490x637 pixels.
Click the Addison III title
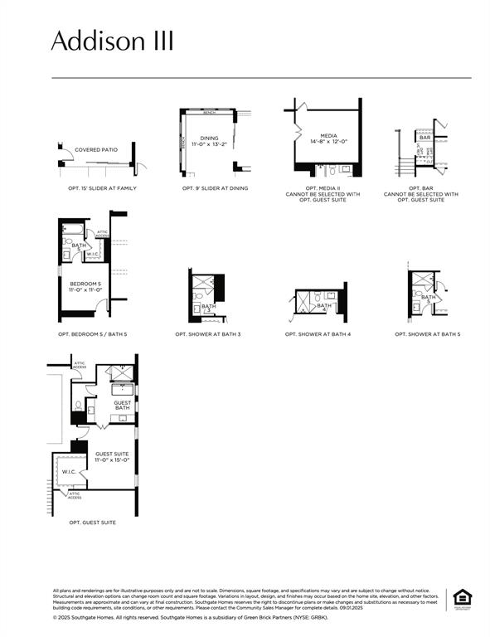113,41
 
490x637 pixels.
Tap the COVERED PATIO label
96,150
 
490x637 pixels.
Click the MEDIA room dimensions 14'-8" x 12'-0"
327,142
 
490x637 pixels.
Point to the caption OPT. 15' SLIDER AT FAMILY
102,188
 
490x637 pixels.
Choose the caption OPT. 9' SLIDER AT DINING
215,188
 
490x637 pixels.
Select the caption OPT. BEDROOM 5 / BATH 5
92,334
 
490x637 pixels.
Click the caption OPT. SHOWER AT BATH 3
207,334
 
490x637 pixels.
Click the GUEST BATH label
122,405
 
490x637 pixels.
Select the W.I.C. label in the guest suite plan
68,472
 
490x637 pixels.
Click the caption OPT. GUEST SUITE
92,523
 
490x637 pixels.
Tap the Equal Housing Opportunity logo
460,599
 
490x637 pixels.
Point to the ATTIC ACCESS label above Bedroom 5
102,233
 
